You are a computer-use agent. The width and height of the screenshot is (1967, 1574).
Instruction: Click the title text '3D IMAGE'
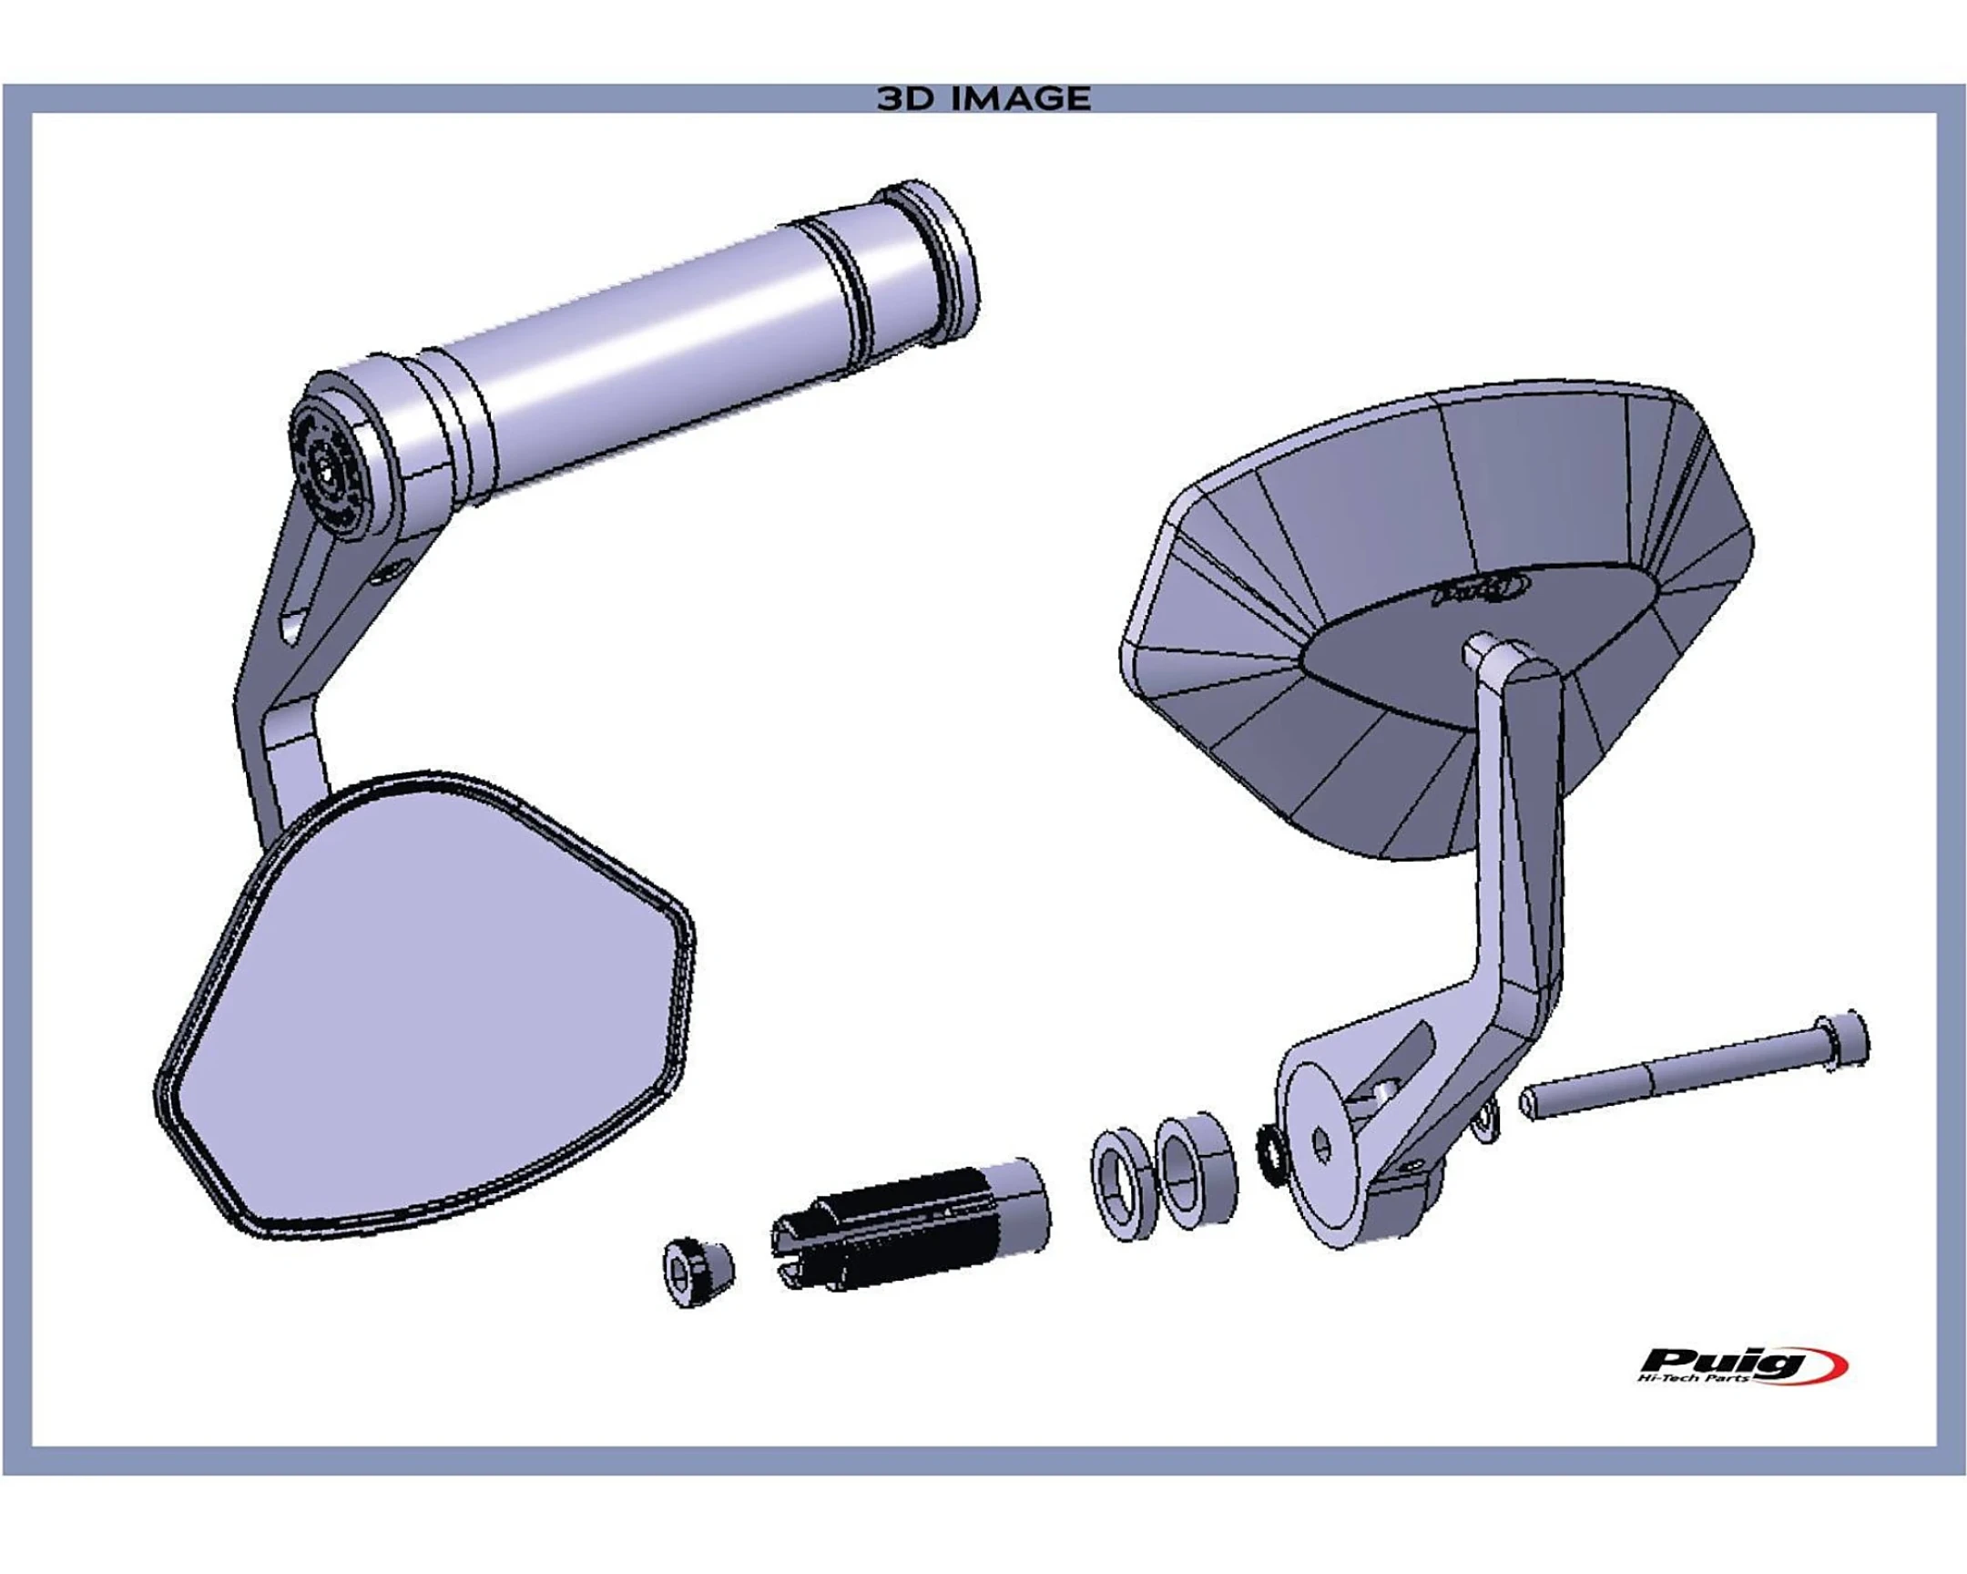[x=983, y=98]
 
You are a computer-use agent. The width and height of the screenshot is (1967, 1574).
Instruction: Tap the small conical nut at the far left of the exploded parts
[x=697, y=1271]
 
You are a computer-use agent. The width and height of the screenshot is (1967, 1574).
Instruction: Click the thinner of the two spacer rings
[x=1122, y=1184]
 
